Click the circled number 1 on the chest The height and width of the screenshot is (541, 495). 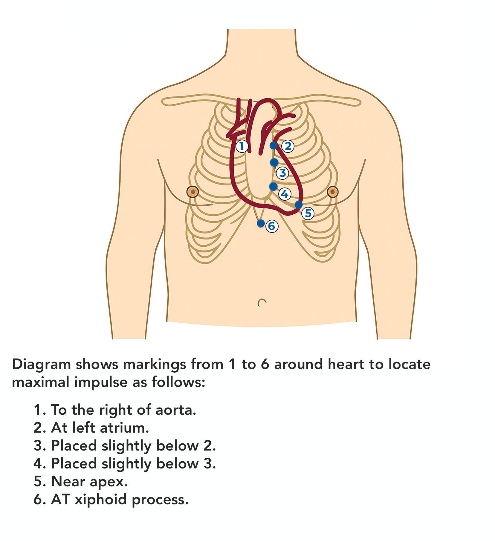point(242,146)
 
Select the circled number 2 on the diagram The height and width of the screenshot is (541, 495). point(288,146)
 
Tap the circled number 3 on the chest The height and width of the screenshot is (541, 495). point(282,173)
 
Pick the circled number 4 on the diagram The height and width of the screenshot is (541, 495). point(285,194)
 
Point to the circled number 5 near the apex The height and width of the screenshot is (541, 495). point(308,213)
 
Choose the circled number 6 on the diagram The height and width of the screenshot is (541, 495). point(272,226)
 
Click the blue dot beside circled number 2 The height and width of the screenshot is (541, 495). point(274,145)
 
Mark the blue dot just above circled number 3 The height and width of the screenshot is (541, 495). point(274,162)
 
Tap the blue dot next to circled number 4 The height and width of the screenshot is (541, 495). point(273,187)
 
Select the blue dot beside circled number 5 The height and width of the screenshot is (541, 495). point(299,205)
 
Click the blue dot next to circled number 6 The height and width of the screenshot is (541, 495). point(261,223)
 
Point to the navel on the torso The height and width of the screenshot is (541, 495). point(262,303)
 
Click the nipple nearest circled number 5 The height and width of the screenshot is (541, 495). point(332,192)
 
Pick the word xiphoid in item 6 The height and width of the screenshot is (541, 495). point(102,499)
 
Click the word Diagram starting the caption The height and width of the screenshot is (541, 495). point(41,365)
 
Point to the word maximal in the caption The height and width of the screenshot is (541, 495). point(41,382)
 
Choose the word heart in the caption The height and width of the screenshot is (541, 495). point(346,364)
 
